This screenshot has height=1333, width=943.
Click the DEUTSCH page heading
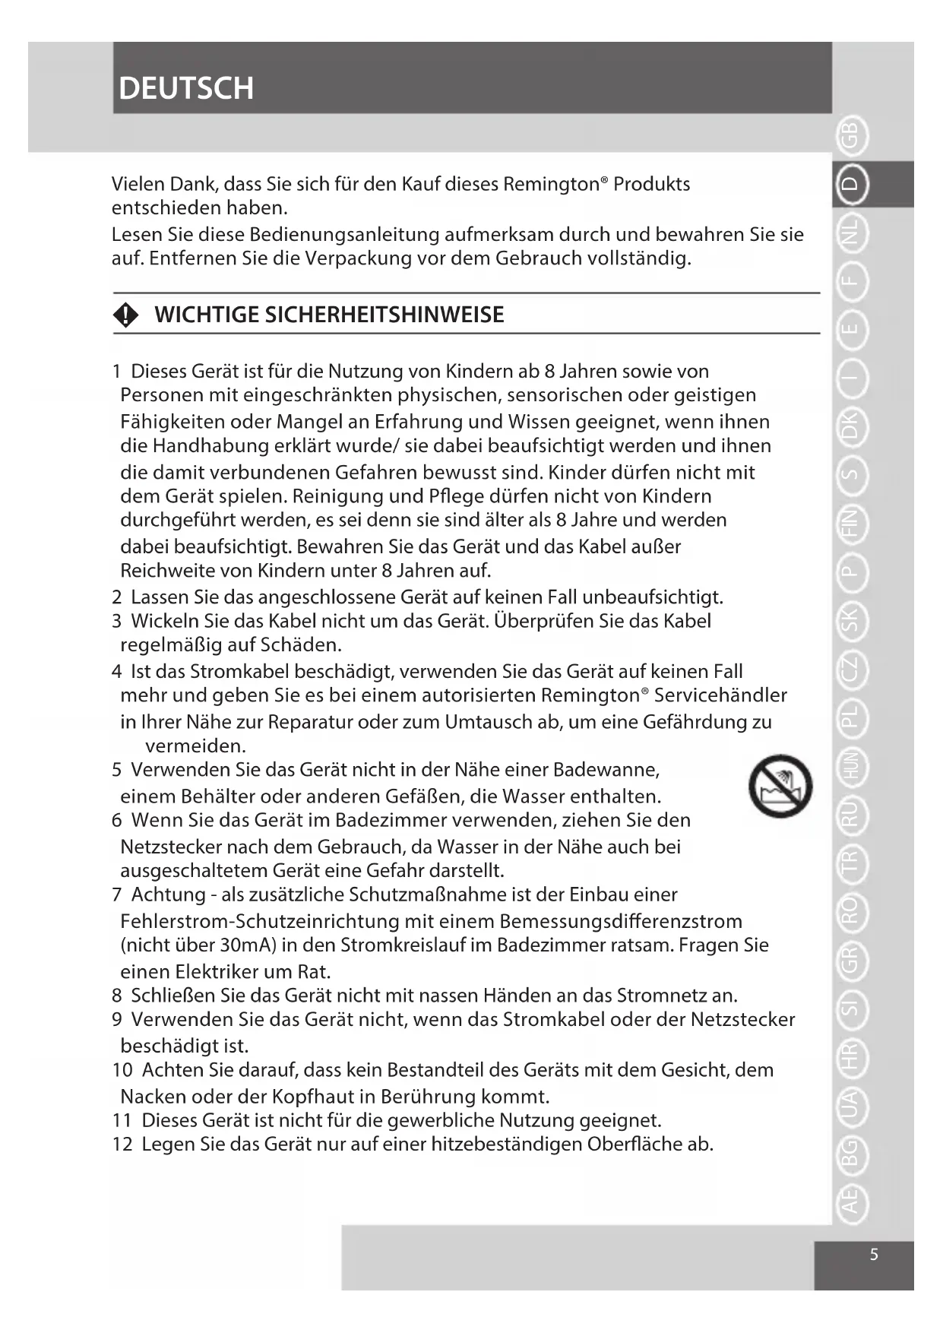click(x=186, y=88)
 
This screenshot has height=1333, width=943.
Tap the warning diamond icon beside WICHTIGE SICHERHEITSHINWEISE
click(x=126, y=315)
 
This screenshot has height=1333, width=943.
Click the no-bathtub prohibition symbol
click(x=780, y=787)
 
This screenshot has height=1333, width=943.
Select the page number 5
click(x=874, y=1254)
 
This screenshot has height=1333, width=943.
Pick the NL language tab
click(x=851, y=233)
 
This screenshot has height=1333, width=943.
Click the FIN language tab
click(x=851, y=524)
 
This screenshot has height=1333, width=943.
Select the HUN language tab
click(x=851, y=765)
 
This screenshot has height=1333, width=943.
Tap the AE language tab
click(x=851, y=1201)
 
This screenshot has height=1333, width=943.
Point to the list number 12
click(x=122, y=1145)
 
